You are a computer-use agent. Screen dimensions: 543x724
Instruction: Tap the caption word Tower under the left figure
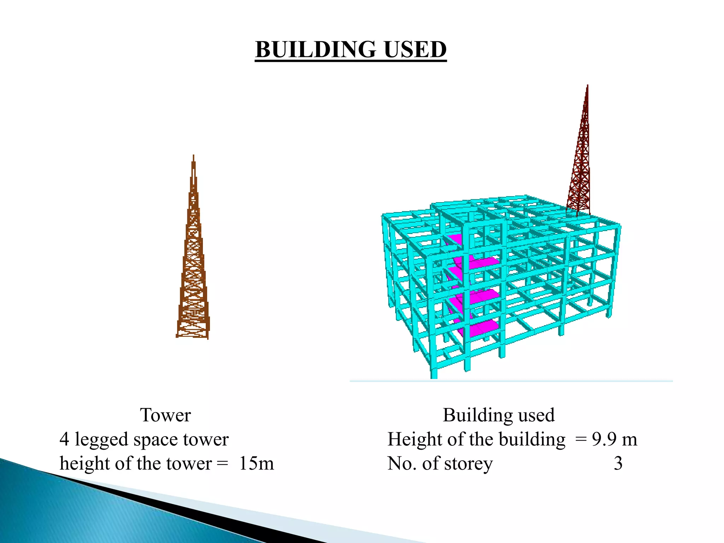[165, 415]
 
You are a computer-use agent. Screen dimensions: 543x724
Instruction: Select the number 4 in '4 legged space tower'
[64, 439]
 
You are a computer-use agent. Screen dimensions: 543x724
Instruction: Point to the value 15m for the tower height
[256, 463]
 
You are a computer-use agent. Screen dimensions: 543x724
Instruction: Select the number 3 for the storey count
[618, 463]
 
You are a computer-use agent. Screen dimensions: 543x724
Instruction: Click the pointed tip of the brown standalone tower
[193, 156]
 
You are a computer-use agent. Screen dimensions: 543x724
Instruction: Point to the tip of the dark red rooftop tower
[587, 86]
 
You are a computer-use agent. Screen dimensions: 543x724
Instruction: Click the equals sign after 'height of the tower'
[222, 463]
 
